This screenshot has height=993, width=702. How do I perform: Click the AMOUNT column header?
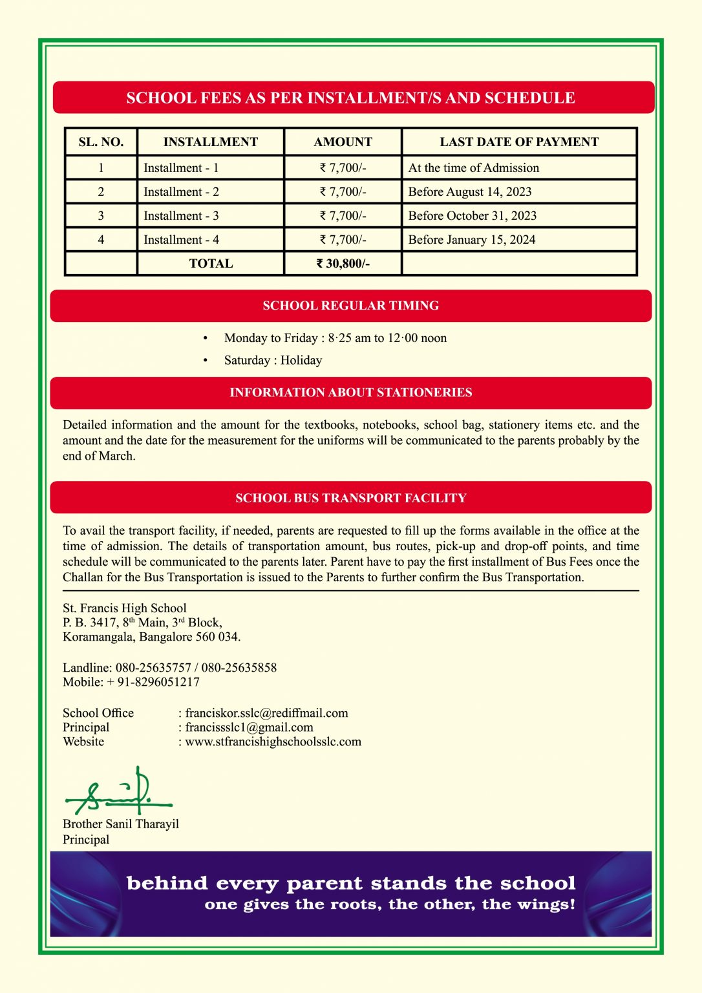(x=343, y=142)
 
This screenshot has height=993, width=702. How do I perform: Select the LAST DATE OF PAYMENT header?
(x=519, y=142)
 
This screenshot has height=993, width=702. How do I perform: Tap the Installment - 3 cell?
(x=181, y=216)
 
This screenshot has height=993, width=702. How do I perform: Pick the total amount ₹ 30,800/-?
(x=343, y=264)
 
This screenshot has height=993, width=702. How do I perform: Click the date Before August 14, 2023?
(x=470, y=192)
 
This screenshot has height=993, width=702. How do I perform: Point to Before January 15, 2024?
(x=472, y=240)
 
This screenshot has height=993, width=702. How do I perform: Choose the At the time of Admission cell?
(x=474, y=168)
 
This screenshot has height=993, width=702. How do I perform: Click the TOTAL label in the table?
(x=211, y=264)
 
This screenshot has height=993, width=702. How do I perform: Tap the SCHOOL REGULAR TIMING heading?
(x=350, y=306)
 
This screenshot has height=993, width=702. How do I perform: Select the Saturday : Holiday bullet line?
(x=273, y=361)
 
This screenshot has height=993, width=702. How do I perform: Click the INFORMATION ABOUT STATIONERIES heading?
(x=350, y=392)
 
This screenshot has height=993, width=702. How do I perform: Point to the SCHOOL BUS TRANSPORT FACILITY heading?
(x=350, y=498)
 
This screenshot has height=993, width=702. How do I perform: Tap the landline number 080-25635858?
(x=239, y=668)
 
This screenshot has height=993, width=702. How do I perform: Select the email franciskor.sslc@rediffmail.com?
(x=266, y=713)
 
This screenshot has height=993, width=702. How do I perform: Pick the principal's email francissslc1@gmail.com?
(x=249, y=727)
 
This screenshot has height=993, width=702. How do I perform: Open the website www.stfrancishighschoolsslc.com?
(x=273, y=742)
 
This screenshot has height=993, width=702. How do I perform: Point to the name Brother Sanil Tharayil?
(x=121, y=824)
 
